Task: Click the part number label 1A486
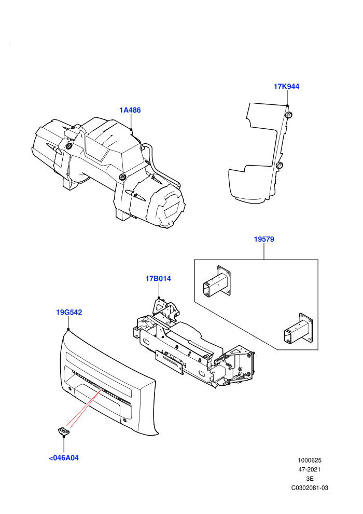(x=130, y=110)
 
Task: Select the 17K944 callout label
(x=286, y=87)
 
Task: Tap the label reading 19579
(x=264, y=239)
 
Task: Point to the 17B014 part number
(x=158, y=279)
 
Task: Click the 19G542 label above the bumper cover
(x=69, y=313)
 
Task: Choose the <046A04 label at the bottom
(x=64, y=458)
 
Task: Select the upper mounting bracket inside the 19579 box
(x=217, y=281)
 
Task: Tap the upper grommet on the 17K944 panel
(x=289, y=115)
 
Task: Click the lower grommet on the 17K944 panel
(x=279, y=165)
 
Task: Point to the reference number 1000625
(x=309, y=460)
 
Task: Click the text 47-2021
(x=309, y=469)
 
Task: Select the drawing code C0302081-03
(x=310, y=488)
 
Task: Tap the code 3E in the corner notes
(x=310, y=479)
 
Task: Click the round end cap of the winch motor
(x=168, y=207)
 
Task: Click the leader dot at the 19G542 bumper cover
(x=68, y=329)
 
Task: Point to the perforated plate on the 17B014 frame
(x=169, y=361)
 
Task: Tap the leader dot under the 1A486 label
(x=131, y=130)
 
